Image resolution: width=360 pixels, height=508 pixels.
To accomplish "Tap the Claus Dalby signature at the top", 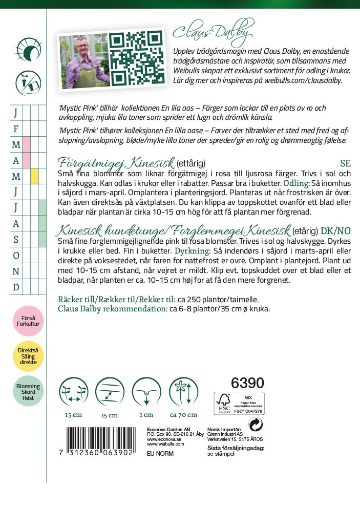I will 213,34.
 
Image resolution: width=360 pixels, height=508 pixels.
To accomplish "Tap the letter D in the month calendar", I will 16,287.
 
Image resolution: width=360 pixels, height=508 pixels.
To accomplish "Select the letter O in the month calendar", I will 16,255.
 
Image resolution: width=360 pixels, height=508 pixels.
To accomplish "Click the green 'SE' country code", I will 345,164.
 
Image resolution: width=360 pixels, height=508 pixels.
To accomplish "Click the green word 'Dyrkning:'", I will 192,251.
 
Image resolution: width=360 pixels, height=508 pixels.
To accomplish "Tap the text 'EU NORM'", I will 160,454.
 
